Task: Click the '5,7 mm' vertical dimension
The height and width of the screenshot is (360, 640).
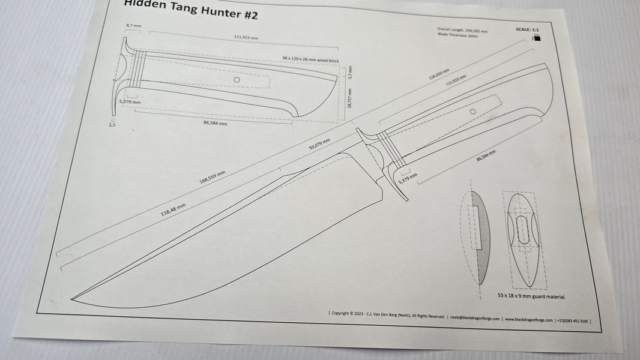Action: click(x=349, y=73)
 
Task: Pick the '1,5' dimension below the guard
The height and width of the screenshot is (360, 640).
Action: click(x=112, y=125)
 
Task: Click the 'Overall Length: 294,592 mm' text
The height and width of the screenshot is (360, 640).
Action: click(x=463, y=29)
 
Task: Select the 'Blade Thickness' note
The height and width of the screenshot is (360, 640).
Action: click(x=458, y=36)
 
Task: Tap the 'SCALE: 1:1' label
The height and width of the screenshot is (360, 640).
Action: click(x=527, y=29)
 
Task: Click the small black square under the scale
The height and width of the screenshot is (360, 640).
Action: click(x=537, y=39)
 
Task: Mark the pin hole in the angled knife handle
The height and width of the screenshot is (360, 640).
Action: click(x=473, y=112)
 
